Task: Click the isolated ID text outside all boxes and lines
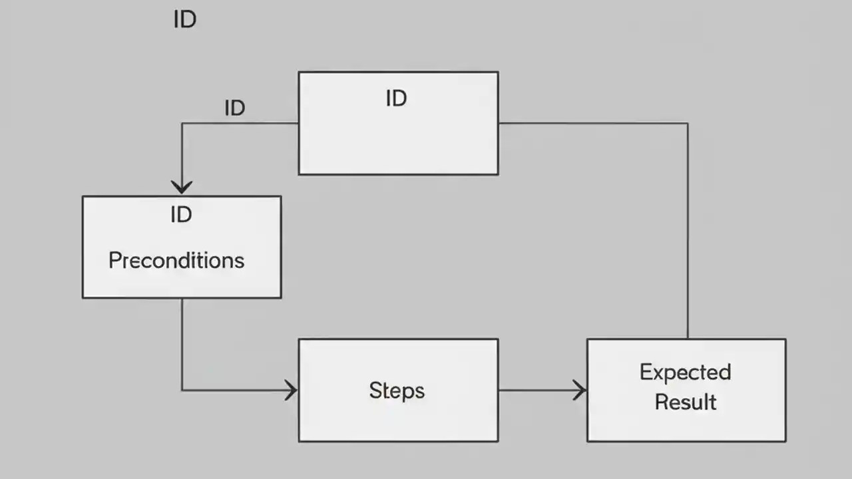(x=184, y=20)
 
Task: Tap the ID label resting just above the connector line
(x=234, y=108)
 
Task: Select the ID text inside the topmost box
(x=396, y=98)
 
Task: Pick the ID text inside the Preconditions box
(x=181, y=214)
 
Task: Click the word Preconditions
(x=176, y=260)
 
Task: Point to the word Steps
(x=397, y=391)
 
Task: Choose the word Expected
(x=685, y=373)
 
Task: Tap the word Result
(x=686, y=402)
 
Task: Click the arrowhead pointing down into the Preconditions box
(x=181, y=187)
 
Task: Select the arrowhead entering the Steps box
(x=292, y=390)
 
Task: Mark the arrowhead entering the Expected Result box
(x=580, y=390)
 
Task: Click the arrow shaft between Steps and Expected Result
(x=539, y=390)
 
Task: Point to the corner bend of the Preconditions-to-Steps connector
(x=182, y=390)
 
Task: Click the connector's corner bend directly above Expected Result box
(x=688, y=123)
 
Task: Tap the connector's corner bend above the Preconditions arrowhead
(x=182, y=123)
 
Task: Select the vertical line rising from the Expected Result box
(x=688, y=233)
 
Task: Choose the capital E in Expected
(x=646, y=372)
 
